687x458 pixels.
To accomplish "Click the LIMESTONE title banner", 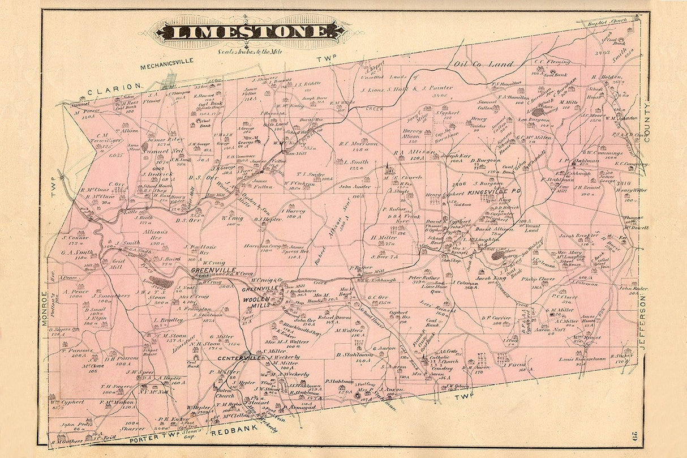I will pyautogui.click(x=249, y=31).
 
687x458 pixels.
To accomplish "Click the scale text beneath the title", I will pyautogui.click(x=249, y=52).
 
